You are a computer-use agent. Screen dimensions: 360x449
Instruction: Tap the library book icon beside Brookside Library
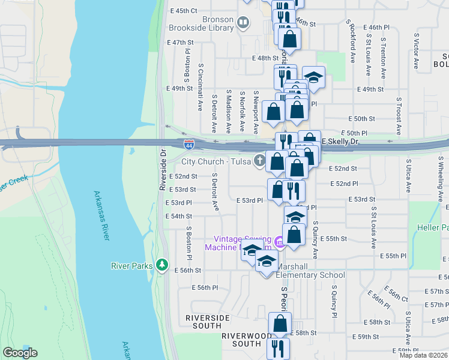pos(243,24)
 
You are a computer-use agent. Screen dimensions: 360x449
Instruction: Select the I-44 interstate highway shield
pos(188,144)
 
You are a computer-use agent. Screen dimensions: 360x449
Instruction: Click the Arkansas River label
pos(101,215)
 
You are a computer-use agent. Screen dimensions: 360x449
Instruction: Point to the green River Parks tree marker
pos(161,265)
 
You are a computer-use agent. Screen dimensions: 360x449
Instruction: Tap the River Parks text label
pos(132,265)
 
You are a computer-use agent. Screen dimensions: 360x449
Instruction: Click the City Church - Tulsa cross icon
pos(259,160)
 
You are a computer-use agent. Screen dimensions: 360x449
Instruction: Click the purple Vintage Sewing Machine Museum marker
pos(280,242)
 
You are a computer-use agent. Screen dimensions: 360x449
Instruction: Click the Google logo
pos(20,353)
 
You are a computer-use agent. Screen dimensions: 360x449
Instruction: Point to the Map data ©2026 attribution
pos(423,355)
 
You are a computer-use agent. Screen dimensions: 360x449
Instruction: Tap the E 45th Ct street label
pos(184,11)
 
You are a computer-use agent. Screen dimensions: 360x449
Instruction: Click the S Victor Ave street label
pos(416,47)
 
